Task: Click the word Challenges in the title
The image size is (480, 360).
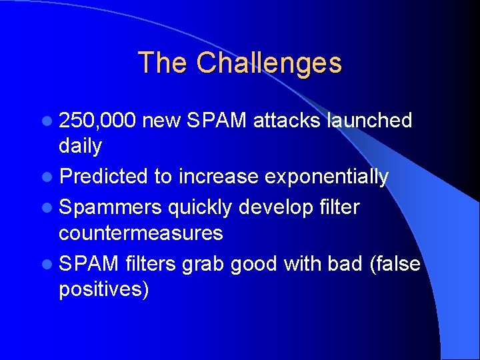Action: pyautogui.click(x=269, y=63)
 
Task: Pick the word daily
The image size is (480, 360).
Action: pyautogui.click(x=80, y=145)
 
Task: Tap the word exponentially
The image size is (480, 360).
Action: pyautogui.click(x=326, y=177)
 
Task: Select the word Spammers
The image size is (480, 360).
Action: pyautogui.click(x=110, y=208)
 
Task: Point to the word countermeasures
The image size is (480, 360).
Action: pyautogui.click(x=141, y=233)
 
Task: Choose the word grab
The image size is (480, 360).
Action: pyautogui.click(x=202, y=265)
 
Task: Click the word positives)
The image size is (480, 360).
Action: pyautogui.click(x=104, y=290)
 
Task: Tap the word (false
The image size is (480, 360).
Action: pyautogui.click(x=394, y=264)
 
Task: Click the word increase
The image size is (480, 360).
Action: pyautogui.click(x=218, y=177)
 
